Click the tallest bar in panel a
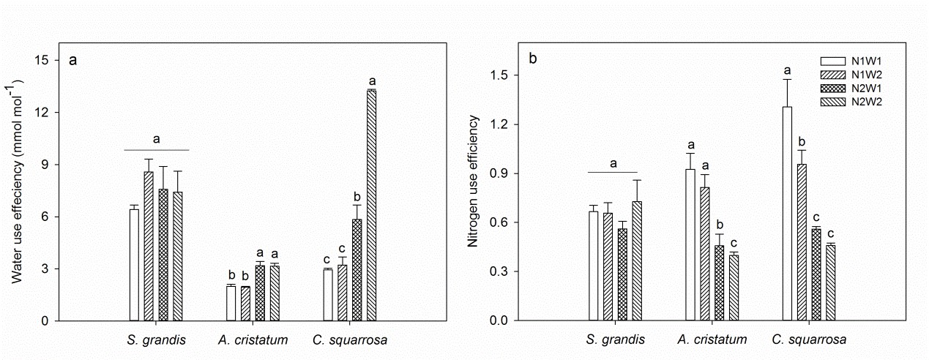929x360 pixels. point(371,205)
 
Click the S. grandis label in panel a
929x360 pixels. point(156,340)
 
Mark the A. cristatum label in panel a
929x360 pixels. point(253,340)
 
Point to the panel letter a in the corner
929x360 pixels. point(72,61)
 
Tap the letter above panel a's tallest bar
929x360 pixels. point(372,81)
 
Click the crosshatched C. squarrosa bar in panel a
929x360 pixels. point(357,270)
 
